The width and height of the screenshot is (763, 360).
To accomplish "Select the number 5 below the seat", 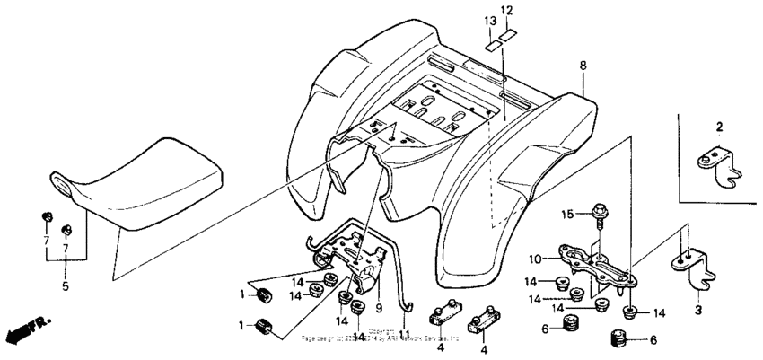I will (64, 287).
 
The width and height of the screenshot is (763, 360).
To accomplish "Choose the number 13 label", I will (489, 20).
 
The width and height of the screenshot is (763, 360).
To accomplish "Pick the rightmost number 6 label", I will (652, 340).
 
